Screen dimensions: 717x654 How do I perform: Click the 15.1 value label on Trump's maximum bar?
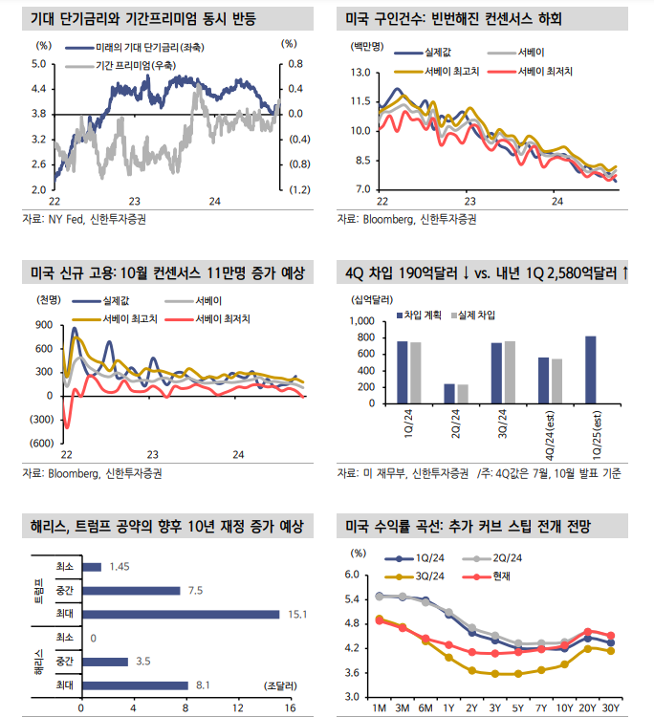click(296, 614)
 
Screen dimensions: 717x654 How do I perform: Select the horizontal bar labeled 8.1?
click(134, 685)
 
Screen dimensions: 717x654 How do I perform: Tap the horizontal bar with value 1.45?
click(91, 567)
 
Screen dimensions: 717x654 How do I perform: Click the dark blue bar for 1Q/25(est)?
click(590, 365)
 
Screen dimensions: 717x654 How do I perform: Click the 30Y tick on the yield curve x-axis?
click(610, 708)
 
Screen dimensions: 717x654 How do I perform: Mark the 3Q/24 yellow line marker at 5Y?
click(518, 673)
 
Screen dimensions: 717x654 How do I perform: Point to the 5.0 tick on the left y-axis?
click(39, 64)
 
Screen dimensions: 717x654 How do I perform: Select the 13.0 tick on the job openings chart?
click(360, 72)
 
